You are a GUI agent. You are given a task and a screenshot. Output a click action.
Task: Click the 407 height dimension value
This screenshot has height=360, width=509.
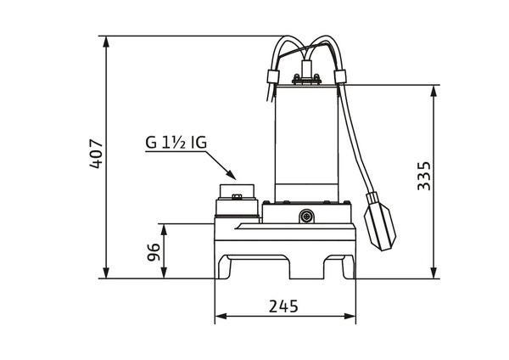tap(97, 154)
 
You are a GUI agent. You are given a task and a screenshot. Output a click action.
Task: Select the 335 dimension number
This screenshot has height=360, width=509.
tap(423, 176)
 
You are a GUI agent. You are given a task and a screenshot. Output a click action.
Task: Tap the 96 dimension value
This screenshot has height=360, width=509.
tap(154, 252)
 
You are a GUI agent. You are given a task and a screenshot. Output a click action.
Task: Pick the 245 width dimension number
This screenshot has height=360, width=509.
tap(283, 306)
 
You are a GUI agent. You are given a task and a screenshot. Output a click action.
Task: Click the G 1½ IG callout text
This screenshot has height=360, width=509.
tap(176, 143)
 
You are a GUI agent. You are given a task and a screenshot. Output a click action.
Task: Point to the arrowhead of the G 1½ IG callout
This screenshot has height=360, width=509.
tap(231, 175)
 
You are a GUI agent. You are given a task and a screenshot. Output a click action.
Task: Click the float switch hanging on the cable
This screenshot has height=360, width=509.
tap(380, 222)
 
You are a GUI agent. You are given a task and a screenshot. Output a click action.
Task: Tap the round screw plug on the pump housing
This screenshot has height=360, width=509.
tap(306, 216)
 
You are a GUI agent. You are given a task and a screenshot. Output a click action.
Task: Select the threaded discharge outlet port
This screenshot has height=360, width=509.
tap(237, 200)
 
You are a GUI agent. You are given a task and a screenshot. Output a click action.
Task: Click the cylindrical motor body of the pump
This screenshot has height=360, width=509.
tap(306, 143)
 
